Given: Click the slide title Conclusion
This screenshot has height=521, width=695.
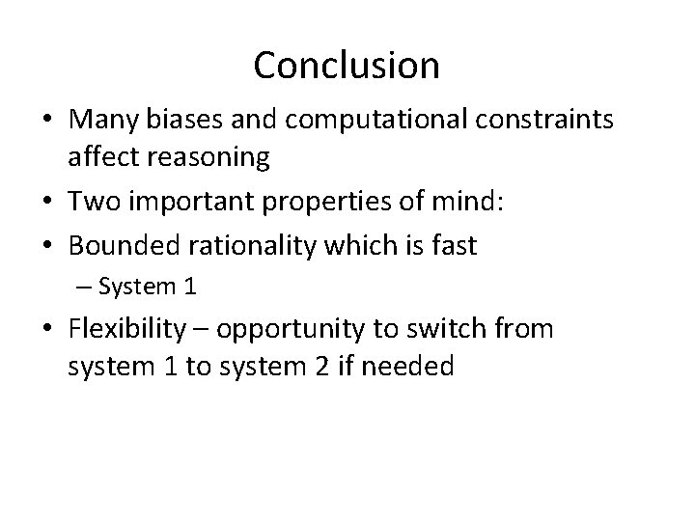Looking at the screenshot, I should (x=347, y=66).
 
